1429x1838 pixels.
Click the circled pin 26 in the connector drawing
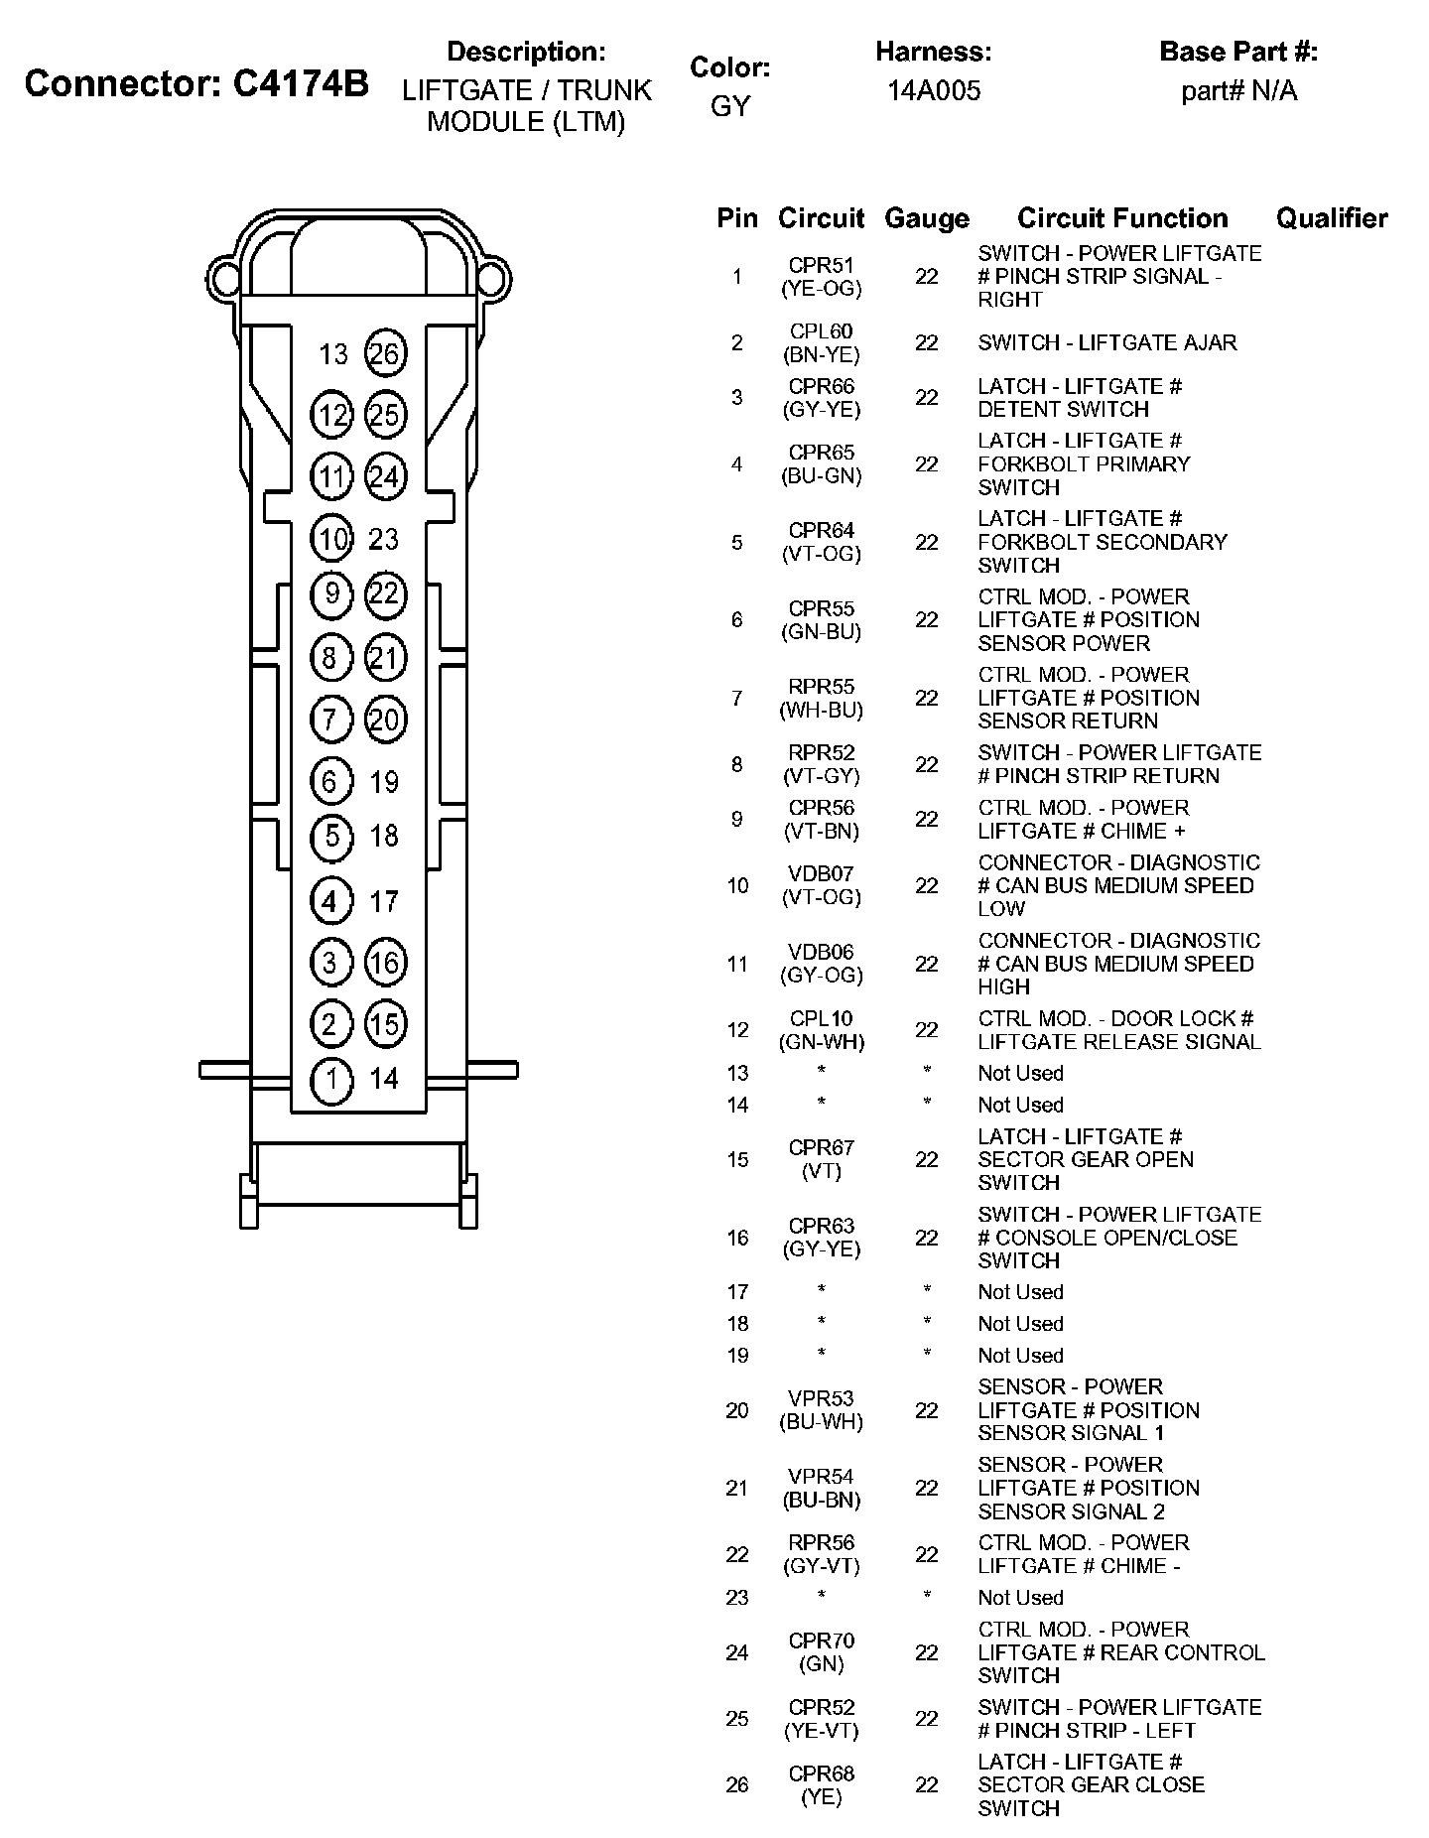click(385, 353)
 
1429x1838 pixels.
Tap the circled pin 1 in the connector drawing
click(331, 1080)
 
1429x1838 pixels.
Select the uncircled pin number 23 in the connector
click(383, 539)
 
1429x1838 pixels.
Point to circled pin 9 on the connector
click(331, 594)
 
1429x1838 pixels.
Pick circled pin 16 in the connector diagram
click(385, 963)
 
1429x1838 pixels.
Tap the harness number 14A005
click(933, 91)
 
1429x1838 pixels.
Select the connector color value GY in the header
click(729, 106)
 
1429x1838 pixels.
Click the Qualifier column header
click(1331, 218)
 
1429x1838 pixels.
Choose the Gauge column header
click(926, 218)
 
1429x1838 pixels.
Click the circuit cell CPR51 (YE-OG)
click(821, 277)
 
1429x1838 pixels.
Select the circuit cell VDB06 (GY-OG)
click(821, 964)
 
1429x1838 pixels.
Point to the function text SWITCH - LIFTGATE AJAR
click(1106, 343)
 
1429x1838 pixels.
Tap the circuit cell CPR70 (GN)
click(821, 1652)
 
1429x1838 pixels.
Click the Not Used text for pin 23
click(1020, 1598)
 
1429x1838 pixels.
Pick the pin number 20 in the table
click(736, 1410)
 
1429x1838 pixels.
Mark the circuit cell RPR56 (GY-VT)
click(821, 1554)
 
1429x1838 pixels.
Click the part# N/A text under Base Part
click(1238, 91)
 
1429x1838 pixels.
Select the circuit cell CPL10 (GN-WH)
click(821, 1030)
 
